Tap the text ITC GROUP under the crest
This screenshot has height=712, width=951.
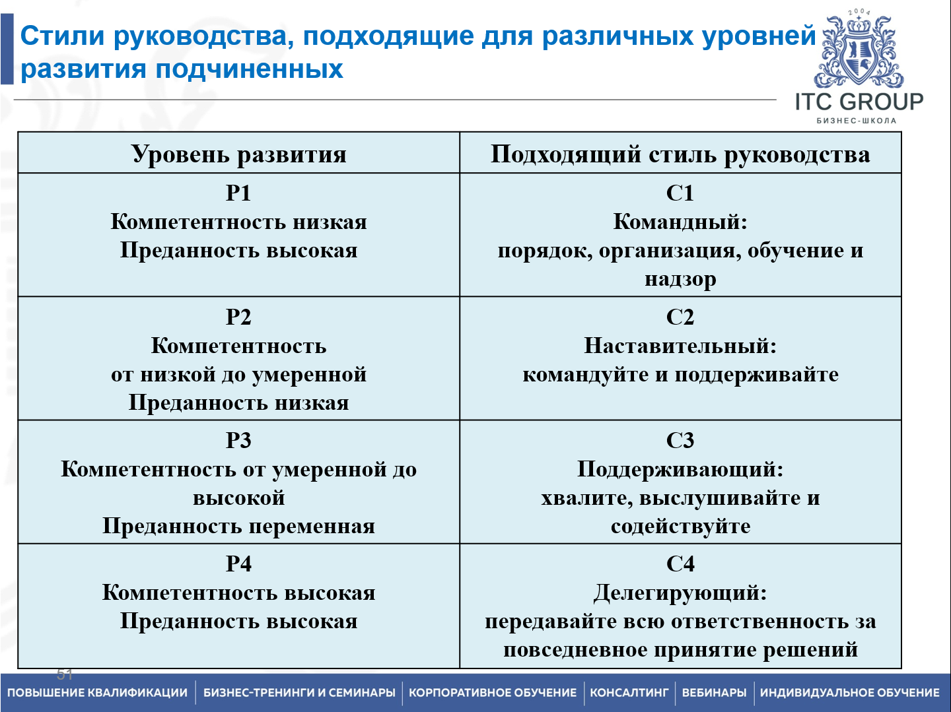(859, 102)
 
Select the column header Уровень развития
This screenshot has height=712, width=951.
(238, 154)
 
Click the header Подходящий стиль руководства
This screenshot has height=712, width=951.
(680, 154)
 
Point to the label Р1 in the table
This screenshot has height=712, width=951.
(238, 193)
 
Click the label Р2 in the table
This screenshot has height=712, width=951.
(238, 317)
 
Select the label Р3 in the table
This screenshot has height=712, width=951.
(238, 440)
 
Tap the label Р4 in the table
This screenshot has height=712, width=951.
(238, 564)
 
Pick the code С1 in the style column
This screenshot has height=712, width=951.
(680, 193)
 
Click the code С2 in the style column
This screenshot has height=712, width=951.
(680, 317)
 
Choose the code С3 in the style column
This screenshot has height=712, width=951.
(680, 440)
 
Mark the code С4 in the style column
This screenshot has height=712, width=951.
(680, 564)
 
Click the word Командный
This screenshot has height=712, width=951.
(677, 222)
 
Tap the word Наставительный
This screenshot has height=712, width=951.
(677, 346)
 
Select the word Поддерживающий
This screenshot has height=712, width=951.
(677, 469)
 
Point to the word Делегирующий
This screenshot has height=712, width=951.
(677, 593)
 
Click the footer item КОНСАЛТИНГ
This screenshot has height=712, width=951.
(629, 693)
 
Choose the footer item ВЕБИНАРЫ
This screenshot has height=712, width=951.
(714, 693)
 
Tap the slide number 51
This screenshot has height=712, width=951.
(65, 674)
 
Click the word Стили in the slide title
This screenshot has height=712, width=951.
(63, 36)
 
